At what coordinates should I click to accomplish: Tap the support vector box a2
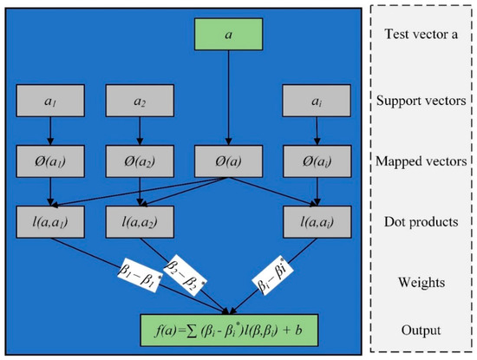[x=140, y=102]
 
